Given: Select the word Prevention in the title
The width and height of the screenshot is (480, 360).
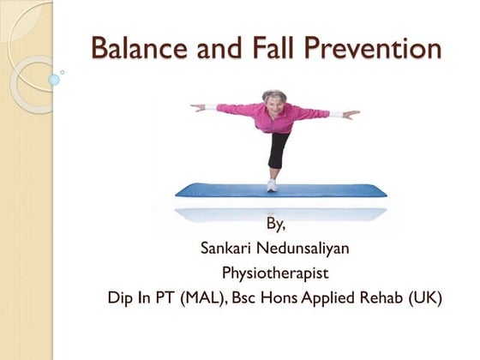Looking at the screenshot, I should click(x=380, y=49).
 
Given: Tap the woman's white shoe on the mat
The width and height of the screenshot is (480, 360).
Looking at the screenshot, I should click(x=272, y=184).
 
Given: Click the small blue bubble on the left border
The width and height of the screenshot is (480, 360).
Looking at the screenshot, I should click(x=54, y=80).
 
